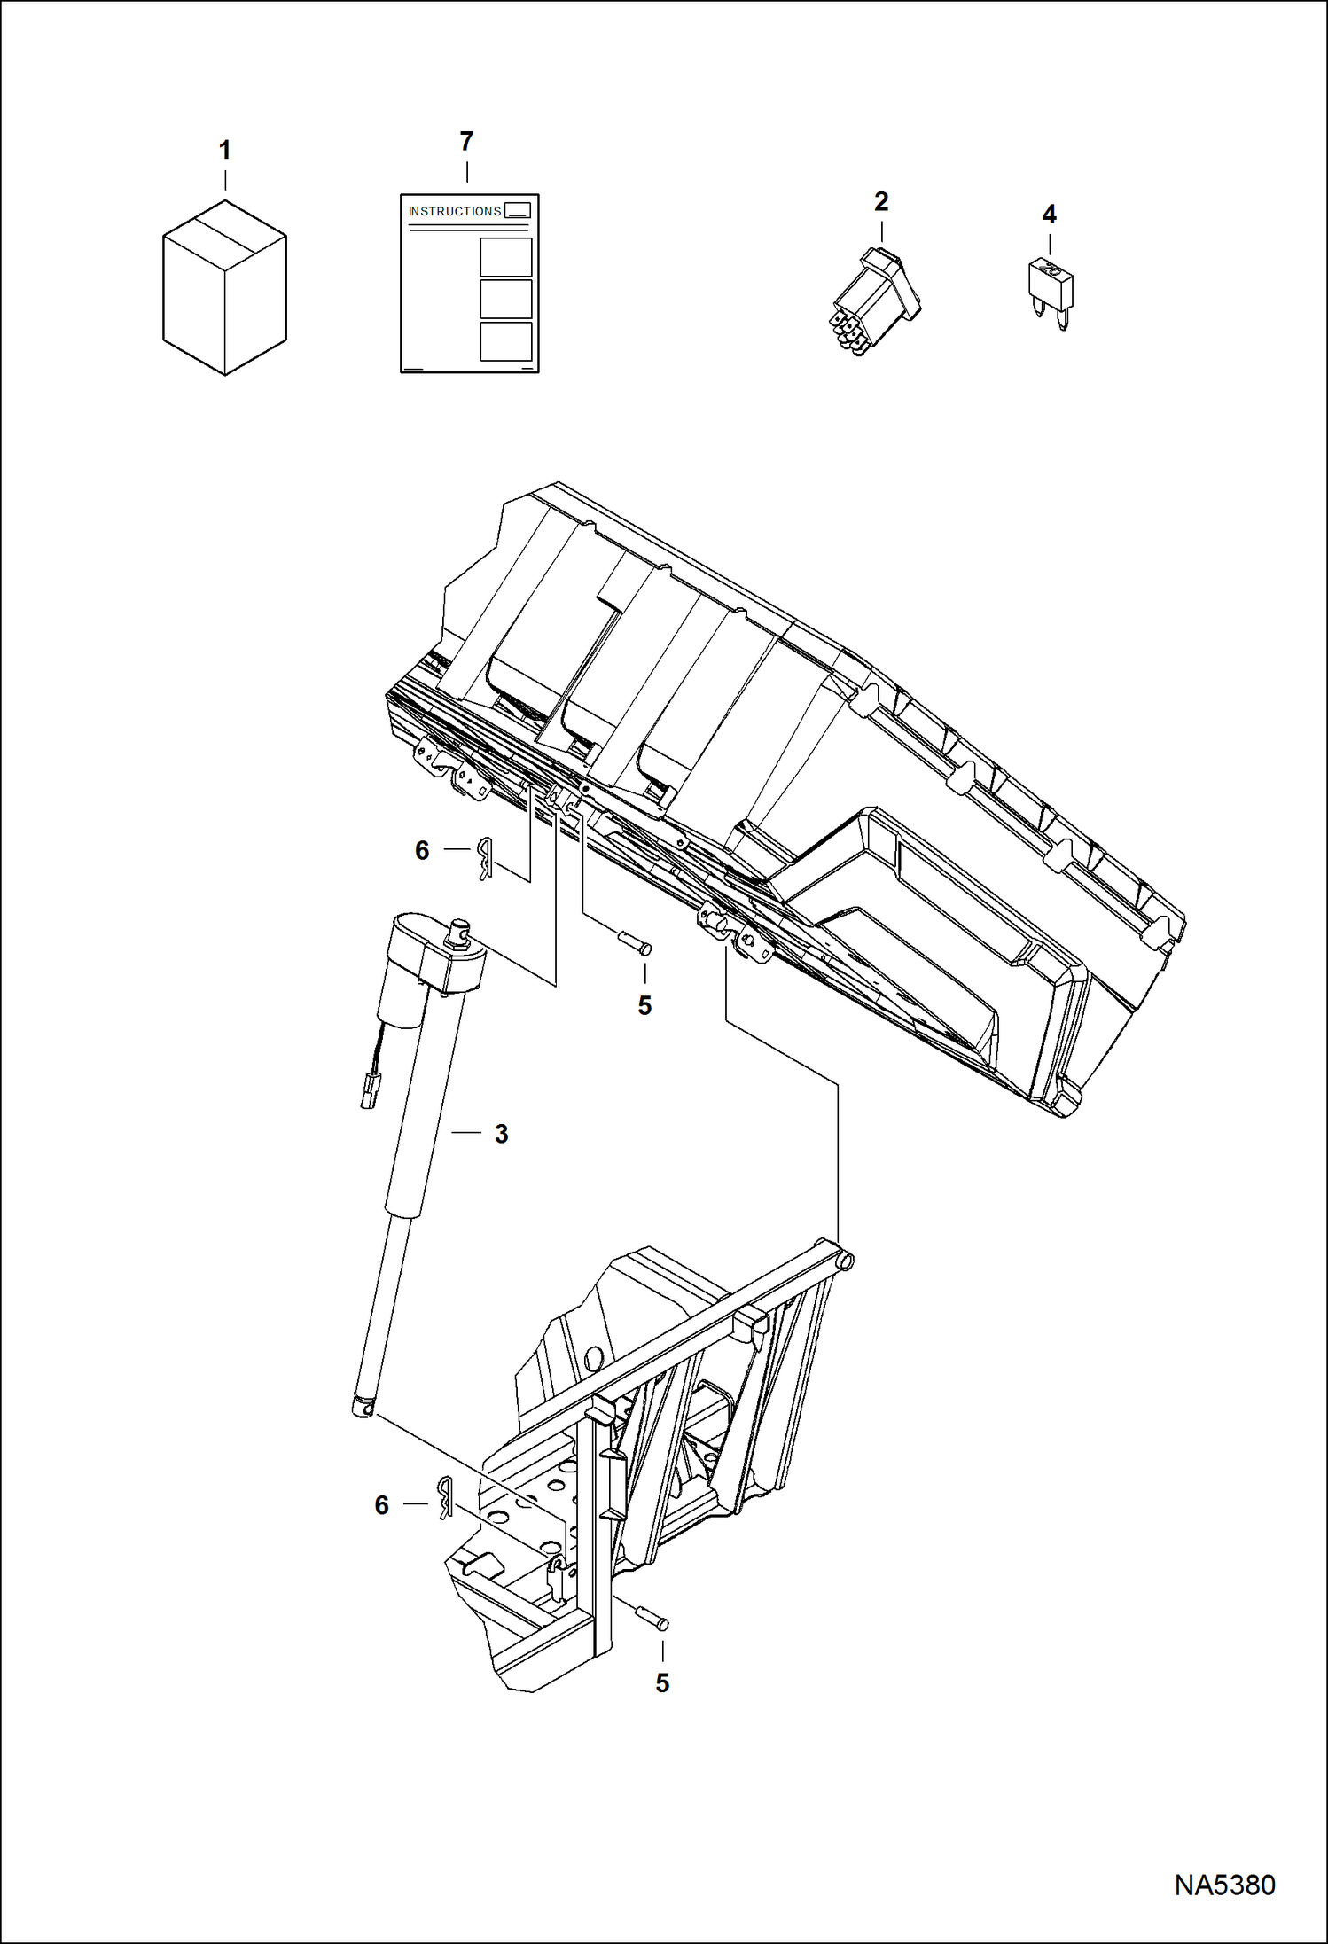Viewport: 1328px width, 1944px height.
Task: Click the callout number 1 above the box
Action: click(x=224, y=151)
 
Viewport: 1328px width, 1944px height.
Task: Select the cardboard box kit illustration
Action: click(x=224, y=287)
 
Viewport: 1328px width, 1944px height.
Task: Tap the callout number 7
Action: click(x=466, y=141)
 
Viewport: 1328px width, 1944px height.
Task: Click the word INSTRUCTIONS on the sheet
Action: click(x=454, y=211)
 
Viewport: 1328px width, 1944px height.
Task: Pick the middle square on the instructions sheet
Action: click(x=505, y=299)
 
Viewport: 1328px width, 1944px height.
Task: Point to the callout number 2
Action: click(x=880, y=201)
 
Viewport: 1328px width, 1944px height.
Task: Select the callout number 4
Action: click(x=1049, y=214)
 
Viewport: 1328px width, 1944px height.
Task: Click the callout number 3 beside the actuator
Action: click(x=501, y=1134)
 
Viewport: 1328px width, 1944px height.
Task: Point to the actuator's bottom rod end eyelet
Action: click(x=363, y=1407)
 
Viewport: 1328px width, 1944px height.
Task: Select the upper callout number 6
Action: click(x=422, y=851)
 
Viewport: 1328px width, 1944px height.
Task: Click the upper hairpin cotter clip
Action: click(x=484, y=857)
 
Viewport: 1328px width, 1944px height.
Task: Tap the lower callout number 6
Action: click(x=382, y=1505)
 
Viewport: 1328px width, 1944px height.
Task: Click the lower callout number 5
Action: click(x=662, y=1682)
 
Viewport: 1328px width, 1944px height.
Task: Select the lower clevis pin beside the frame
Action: click(x=652, y=1617)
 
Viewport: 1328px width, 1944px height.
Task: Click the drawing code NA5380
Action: click(x=1224, y=1885)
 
